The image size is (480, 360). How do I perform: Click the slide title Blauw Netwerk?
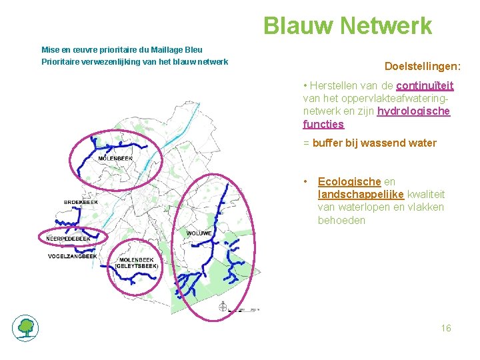[347, 26]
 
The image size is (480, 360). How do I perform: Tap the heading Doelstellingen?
[423, 66]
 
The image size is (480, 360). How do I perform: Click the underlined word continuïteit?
[425, 86]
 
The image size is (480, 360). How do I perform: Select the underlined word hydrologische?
[413, 111]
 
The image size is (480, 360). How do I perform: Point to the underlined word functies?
[323, 124]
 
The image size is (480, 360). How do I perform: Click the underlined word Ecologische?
[349, 181]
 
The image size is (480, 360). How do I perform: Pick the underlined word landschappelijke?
[358, 194]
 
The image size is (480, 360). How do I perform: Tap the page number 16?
[446, 328]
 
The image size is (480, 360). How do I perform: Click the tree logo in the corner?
[25, 327]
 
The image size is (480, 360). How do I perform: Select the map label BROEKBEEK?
[81, 201]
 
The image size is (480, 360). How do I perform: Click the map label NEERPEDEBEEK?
[69, 238]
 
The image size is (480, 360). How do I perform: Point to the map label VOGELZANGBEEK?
[73, 256]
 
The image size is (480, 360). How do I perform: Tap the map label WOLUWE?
[199, 233]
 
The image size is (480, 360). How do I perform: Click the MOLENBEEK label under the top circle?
[115, 159]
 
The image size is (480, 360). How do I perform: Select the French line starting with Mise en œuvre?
[122, 49]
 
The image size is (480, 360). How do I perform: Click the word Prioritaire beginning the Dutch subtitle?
[61, 61]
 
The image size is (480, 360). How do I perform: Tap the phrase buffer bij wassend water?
[374, 143]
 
